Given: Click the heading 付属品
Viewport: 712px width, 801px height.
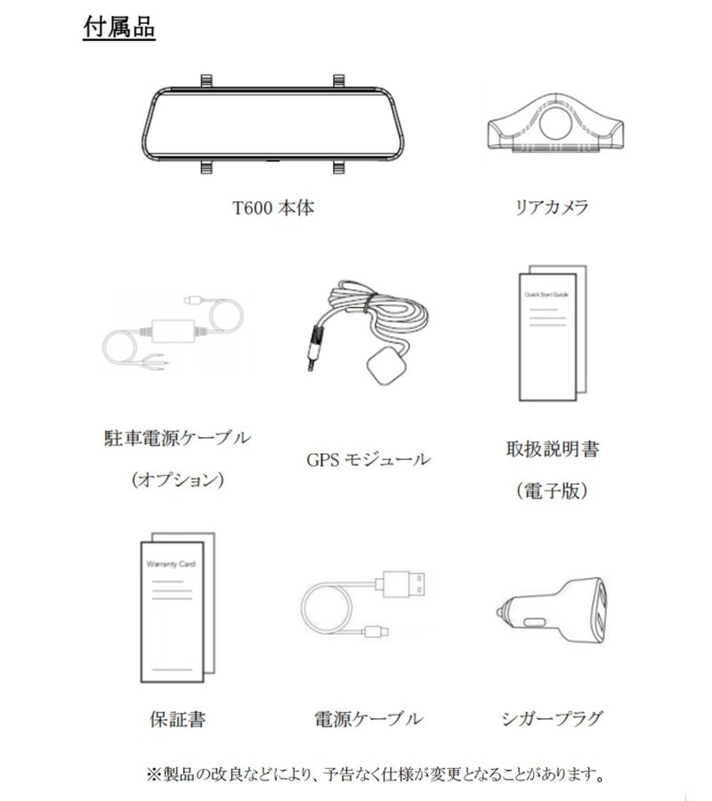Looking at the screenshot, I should point(118,28).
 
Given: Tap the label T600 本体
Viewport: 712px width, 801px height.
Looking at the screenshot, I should point(273,208).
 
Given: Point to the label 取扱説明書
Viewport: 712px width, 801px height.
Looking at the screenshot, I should point(552,449).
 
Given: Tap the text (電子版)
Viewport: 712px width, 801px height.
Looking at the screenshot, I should point(552,490).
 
